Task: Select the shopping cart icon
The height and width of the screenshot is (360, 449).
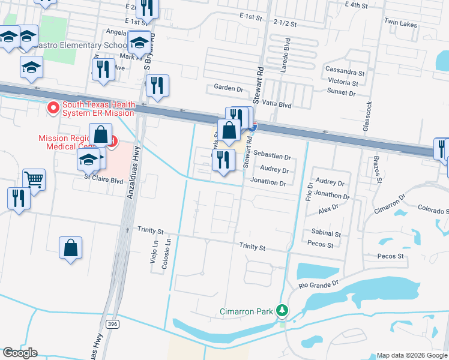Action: pos(34,179)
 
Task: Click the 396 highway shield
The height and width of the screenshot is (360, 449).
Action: pos(111,324)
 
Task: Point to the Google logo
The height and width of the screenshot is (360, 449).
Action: pos(19,353)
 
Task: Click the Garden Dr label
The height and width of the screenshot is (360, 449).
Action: pos(228,88)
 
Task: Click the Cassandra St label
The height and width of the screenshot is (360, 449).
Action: pos(345,70)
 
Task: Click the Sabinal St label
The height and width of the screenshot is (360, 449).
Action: pos(327,233)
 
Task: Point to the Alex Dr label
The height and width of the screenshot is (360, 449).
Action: pos(330,210)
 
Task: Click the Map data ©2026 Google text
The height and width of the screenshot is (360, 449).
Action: pos(411,355)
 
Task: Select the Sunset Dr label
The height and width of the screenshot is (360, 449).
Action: pos(341,93)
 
